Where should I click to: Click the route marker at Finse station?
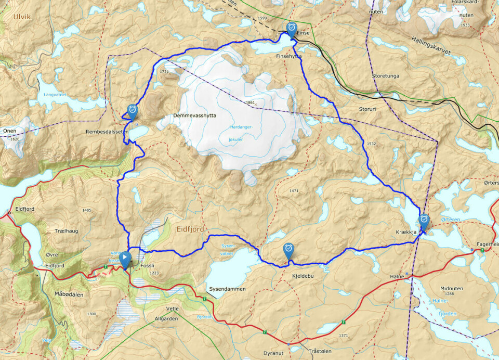[292, 28]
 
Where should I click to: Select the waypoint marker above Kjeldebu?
[288, 250]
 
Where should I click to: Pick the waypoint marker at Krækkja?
[424, 221]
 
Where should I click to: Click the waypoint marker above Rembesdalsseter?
[133, 111]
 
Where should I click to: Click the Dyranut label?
[273, 353]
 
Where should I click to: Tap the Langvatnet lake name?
[56, 95]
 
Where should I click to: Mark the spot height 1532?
[370, 143]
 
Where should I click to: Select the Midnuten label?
[451, 288]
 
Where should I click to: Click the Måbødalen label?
[68, 294]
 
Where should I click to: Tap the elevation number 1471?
[294, 191]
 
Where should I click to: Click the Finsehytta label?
[289, 55]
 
